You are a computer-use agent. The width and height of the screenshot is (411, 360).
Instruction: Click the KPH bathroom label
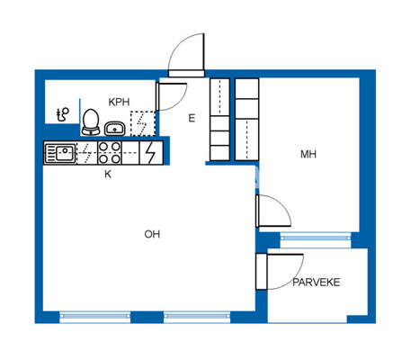pyautogui.click(x=119, y=103)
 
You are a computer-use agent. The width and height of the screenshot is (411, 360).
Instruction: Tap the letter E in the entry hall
pyautogui.click(x=192, y=118)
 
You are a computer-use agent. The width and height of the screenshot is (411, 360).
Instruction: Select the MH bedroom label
pyautogui.click(x=308, y=155)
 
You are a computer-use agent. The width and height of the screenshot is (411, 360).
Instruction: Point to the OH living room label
pyautogui.click(x=152, y=235)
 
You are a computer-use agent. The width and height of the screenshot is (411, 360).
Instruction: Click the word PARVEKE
pyautogui.click(x=316, y=283)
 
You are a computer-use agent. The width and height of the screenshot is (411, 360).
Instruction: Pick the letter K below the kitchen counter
pyautogui.click(x=108, y=175)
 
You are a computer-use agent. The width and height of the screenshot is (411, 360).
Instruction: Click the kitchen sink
pyautogui.click(x=61, y=153)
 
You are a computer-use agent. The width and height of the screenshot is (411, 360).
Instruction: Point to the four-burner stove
pyautogui.click(x=111, y=153)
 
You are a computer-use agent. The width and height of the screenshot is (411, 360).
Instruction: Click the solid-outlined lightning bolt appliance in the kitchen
pyautogui.click(x=151, y=153)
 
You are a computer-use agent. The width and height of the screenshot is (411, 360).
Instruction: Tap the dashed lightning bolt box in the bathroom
pyautogui.click(x=142, y=122)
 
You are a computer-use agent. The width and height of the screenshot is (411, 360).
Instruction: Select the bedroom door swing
pyautogui.click(x=273, y=213)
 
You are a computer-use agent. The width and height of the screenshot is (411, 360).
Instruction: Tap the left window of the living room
pyautogui.click(x=94, y=316)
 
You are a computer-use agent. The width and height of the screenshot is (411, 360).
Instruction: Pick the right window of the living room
pyautogui.click(x=198, y=316)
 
